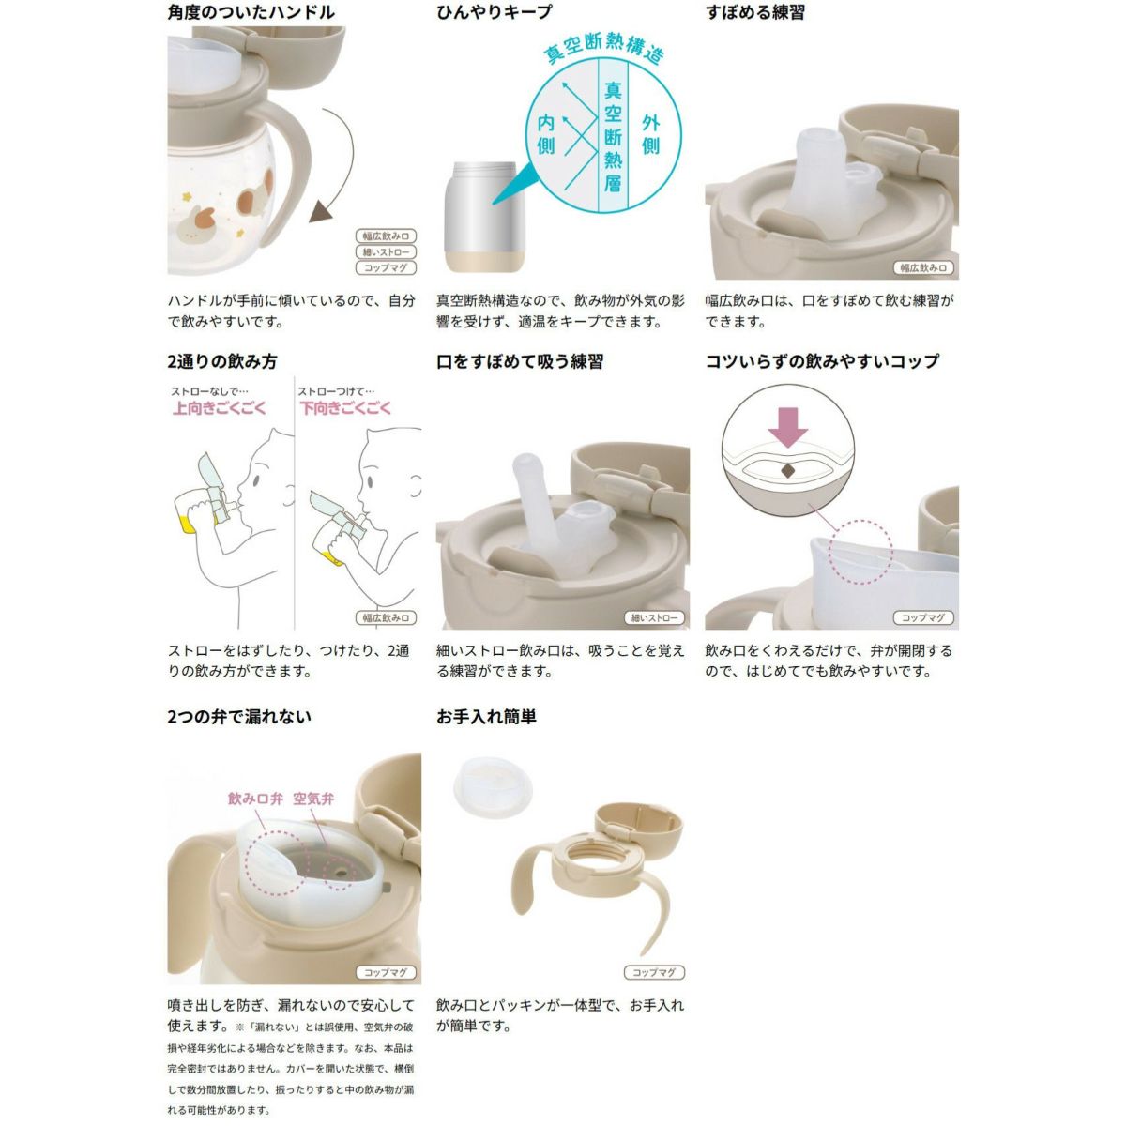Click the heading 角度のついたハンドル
pyautogui.click(x=251, y=12)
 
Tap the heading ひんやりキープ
pyautogui.click(x=494, y=12)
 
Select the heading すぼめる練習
pyautogui.click(x=755, y=12)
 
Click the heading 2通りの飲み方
pyautogui.click(x=222, y=361)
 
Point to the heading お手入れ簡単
pyautogui.click(x=486, y=717)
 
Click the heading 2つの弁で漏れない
pyautogui.click(x=239, y=717)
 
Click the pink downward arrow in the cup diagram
pyautogui.click(x=787, y=428)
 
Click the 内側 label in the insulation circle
pyautogui.click(x=546, y=134)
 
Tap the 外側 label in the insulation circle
pyautogui.click(x=650, y=134)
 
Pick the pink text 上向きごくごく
pyautogui.click(x=220, y=408)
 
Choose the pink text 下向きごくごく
pyautogui.click(x=344, y=408)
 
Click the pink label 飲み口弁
pyautogui.click(x=255, y=799)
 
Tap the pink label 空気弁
pyautogui.click(x=313, y=799)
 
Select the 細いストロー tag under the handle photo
pyautogui.click(x=386, y=252)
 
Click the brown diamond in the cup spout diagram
pyautogui.click(x=787, y=471)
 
